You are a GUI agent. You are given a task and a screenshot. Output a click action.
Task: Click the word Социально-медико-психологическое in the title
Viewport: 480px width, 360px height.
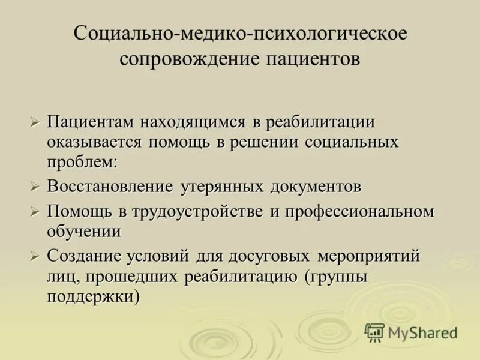(240, 33)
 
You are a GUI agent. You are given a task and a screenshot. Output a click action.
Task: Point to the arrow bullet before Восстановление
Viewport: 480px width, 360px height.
(35, 187)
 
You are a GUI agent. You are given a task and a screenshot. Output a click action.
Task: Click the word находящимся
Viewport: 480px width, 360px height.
(193, 122)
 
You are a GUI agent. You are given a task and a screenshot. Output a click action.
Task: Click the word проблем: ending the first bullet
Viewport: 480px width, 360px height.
(82, 162)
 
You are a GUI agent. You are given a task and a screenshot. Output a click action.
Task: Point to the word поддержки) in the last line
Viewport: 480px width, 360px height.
(94, 296)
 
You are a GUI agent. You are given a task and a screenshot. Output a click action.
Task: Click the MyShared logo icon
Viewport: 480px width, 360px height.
(374, 332)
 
